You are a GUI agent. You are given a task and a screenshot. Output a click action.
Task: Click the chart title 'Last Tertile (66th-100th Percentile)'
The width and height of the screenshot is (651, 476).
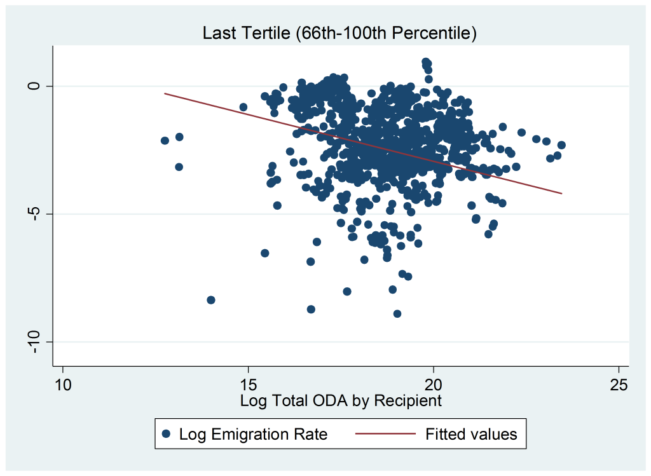click(x=339, y=33)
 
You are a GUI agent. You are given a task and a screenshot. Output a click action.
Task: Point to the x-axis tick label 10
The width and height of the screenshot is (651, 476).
click(x=63, y=385)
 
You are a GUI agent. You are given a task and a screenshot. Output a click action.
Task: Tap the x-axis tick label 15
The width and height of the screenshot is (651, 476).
click(x=249, y=385)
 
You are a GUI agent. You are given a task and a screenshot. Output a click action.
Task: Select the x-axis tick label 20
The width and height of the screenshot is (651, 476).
click(x=434, y=385)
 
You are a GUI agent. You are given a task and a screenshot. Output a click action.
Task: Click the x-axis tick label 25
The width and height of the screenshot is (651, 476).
click(x=619, y=385)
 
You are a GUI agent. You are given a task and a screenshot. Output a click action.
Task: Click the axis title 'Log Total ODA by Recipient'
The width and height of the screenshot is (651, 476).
click(x=341, y=401)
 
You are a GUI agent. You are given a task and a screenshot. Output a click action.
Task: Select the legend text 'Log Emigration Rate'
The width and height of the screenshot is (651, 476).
click(x=253, y=434)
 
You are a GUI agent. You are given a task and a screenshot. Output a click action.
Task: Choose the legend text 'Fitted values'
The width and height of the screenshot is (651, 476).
click(x=471, y=434)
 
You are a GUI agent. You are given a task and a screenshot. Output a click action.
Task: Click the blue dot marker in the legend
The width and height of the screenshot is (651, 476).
click(x=167, y=434)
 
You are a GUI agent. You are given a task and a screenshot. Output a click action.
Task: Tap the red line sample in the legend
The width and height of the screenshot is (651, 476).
click(x=385, y=434)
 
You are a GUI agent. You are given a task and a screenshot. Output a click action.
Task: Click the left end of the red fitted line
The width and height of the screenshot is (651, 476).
click(x=165, y=93)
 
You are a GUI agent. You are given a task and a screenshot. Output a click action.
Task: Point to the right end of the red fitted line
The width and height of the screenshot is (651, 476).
click(x=562, y=193)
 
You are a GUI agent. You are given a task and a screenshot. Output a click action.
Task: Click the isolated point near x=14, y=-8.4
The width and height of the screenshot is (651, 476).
click(x=211, y=300)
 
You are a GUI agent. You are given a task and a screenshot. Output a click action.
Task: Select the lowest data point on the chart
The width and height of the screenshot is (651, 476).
click(x=397, y=314)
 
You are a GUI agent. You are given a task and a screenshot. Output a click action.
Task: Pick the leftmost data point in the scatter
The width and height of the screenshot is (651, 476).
click(x=165, y=140)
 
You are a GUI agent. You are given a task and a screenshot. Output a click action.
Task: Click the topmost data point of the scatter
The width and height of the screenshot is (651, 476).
click(x=425, y=62)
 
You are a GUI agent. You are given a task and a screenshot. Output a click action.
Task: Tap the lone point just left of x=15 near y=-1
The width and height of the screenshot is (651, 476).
click(x=243, y=107)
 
